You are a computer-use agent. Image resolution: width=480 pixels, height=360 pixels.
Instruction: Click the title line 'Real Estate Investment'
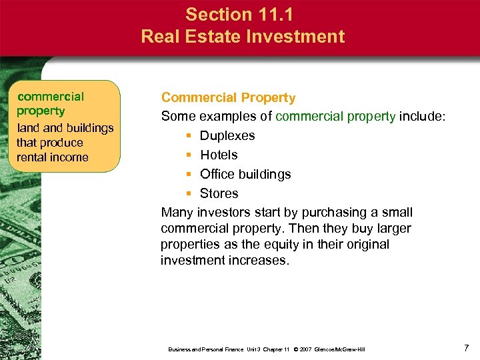243,36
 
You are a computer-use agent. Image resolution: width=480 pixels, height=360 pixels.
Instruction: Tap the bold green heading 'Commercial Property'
228,98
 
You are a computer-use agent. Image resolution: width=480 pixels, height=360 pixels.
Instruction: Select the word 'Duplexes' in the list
227,136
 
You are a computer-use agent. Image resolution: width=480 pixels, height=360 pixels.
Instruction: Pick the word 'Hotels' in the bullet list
219,155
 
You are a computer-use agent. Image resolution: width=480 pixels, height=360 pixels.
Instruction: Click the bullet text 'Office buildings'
245,175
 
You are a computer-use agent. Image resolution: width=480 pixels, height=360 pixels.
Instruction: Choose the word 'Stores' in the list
219,194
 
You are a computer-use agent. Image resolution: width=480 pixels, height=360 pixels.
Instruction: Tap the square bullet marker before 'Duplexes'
189,136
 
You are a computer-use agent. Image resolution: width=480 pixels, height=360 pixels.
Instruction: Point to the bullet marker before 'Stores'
189,194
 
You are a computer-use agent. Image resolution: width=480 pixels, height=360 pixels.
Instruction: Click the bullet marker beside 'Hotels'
189,155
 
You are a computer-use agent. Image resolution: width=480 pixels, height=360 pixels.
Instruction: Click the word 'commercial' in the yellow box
51,97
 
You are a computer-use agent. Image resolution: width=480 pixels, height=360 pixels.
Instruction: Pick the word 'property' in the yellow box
41,111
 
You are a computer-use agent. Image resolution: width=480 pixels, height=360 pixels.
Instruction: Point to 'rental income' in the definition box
53,157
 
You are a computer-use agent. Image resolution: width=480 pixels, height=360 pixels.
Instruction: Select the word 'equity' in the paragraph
266,245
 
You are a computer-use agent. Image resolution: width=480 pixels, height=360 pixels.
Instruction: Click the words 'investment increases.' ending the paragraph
225,261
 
